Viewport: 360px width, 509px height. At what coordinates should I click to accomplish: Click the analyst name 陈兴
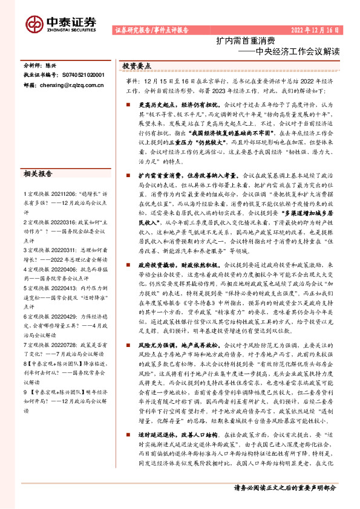(53, 64)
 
